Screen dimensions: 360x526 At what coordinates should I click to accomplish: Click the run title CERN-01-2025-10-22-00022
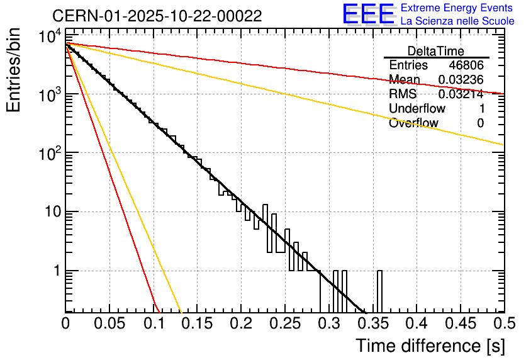click(x=157, y=16)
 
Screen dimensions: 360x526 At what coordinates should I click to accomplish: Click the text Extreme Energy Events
click(x=457, y=8)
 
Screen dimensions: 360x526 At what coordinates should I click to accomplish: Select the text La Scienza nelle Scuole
click(x=457, y=21)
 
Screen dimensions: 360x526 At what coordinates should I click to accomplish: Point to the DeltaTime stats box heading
click(x=436, y=51)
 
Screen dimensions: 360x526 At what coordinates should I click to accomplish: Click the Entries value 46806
click(x=466, y=65)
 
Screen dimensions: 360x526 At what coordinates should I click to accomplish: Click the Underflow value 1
click(x=481, y=109)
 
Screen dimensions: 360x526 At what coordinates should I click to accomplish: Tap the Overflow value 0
click(x=481, y=123)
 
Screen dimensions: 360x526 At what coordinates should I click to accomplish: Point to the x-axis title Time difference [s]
click(x=428, y=346)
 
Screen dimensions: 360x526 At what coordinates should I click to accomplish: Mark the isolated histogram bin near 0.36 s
click(x=380, y=291)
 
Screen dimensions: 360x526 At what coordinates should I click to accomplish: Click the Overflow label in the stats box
click(x=413, y=123)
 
